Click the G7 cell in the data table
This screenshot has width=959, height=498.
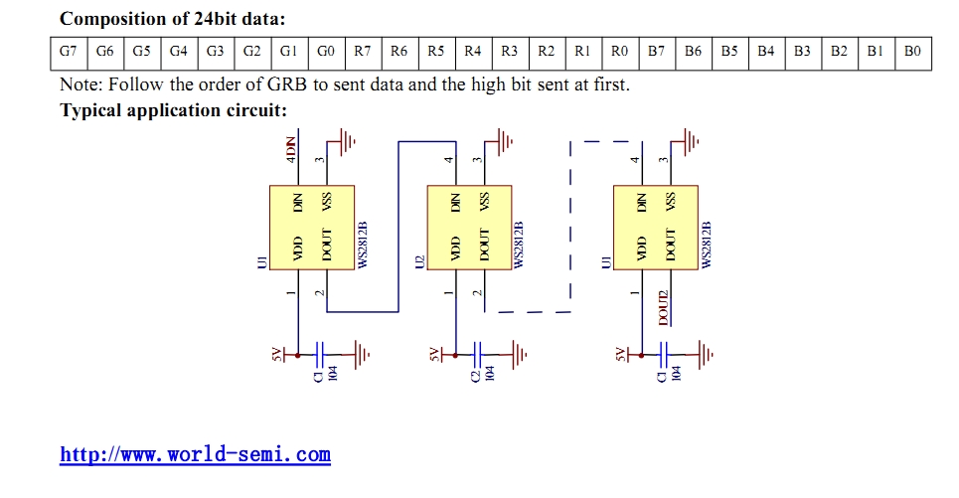click(x=69, y=52)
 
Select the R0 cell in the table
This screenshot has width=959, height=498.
click(x=619, y=52)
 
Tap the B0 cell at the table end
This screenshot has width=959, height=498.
click(x=912, y=52)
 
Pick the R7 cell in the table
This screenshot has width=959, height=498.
click(x=363, y=52)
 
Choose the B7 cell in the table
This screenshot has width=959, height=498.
click(x=656, y=52)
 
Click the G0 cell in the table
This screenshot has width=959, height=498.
click(x=326, y=52)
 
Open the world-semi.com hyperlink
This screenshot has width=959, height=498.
click(x=195, y=454)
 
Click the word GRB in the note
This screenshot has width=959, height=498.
click(x=287, y=83)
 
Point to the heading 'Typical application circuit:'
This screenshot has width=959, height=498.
click(x=173, y=110)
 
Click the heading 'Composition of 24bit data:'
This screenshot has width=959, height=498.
click(x=173, y=19)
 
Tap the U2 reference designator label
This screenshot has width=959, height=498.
click(x=419, y=261)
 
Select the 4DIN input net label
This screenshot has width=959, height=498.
click(x=291, y=150)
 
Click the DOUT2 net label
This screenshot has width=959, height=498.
click(x=664, y=308)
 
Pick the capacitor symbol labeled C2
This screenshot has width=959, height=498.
click(x=478, y=354)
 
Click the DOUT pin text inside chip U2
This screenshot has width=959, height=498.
click(x=484, y=245)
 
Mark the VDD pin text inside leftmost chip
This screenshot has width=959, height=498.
click(x=298, y=249)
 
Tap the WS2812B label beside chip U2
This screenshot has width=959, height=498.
click(x=520, y=245)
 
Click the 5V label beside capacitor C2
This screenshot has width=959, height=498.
click(x=435, y=354)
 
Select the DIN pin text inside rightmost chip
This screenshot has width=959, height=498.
click(x=642, y=203)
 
